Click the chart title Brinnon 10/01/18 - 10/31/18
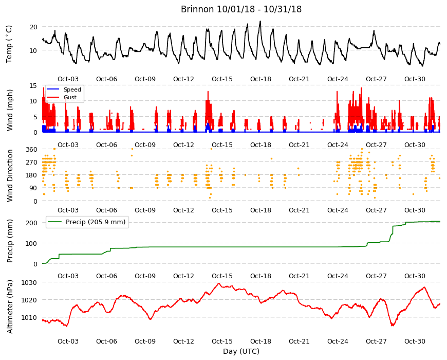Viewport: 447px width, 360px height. coord(241,9)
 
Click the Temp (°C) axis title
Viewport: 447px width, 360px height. coord(9,44)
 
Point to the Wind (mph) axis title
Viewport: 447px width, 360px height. coord(10,111)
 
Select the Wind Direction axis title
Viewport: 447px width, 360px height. coord(10,176)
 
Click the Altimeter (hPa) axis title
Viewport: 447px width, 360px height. coord(10,307)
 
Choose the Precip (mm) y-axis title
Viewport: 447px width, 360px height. coord(10,241)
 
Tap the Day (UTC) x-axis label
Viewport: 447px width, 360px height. coord(241,351)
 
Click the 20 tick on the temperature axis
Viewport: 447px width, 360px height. coord(33,27)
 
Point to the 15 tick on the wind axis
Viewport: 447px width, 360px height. coord(33,85)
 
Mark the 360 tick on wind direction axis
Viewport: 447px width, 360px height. coord(32,150)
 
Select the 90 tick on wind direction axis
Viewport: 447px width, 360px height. coord(33,188)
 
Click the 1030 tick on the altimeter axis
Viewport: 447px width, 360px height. coord(29,283)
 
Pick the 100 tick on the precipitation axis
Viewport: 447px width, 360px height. coord(32,243)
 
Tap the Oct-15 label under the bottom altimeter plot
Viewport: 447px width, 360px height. coord(222,341)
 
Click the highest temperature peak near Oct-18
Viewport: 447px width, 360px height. coord(260,21)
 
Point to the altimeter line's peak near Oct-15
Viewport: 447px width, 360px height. coord(219,283)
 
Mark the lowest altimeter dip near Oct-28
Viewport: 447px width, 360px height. coord(393,325)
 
